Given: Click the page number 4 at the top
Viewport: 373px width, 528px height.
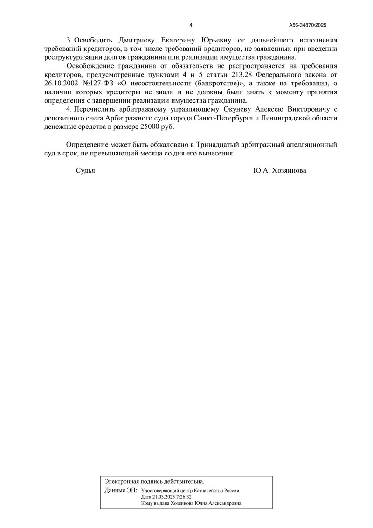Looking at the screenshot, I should (x=191, y=25).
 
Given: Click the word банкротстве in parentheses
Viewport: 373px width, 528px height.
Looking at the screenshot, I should (x=218, y=83).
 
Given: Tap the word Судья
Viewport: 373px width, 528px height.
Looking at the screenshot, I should (x=85, y=171).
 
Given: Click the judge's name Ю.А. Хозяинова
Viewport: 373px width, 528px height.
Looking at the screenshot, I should (x=280, y=171).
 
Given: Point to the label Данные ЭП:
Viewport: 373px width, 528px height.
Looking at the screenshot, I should (x=121, y=490).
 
